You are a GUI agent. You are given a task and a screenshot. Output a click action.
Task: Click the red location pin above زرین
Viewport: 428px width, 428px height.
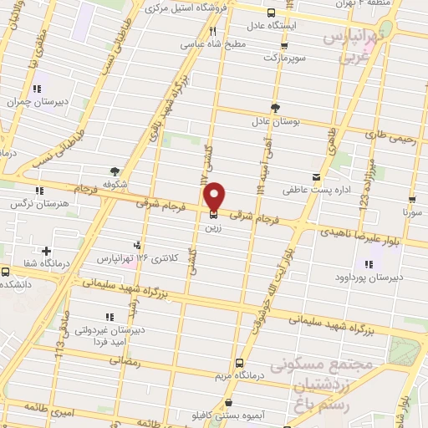[x=214, y=196]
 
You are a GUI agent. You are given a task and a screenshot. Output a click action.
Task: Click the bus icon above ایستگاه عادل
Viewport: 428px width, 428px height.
[x=271, y=13]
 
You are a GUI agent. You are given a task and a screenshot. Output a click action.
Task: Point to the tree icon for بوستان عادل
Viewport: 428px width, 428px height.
[x=276, y=107]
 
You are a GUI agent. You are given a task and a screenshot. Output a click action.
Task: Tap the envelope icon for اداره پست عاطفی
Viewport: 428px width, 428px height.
[x=315, y=176]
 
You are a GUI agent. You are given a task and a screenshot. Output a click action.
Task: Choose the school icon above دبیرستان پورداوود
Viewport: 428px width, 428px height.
[x=367, y=264]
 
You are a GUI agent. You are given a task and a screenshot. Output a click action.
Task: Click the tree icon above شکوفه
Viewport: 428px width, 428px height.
[x=115, y=171]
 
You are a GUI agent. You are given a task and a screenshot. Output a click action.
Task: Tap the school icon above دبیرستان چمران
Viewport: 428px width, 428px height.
[x=37, y=88]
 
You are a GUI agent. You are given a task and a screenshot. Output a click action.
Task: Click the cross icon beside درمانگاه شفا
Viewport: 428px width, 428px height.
[x=45, y=251]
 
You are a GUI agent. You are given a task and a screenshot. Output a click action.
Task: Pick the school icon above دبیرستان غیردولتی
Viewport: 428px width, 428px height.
[x=109, y=317]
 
